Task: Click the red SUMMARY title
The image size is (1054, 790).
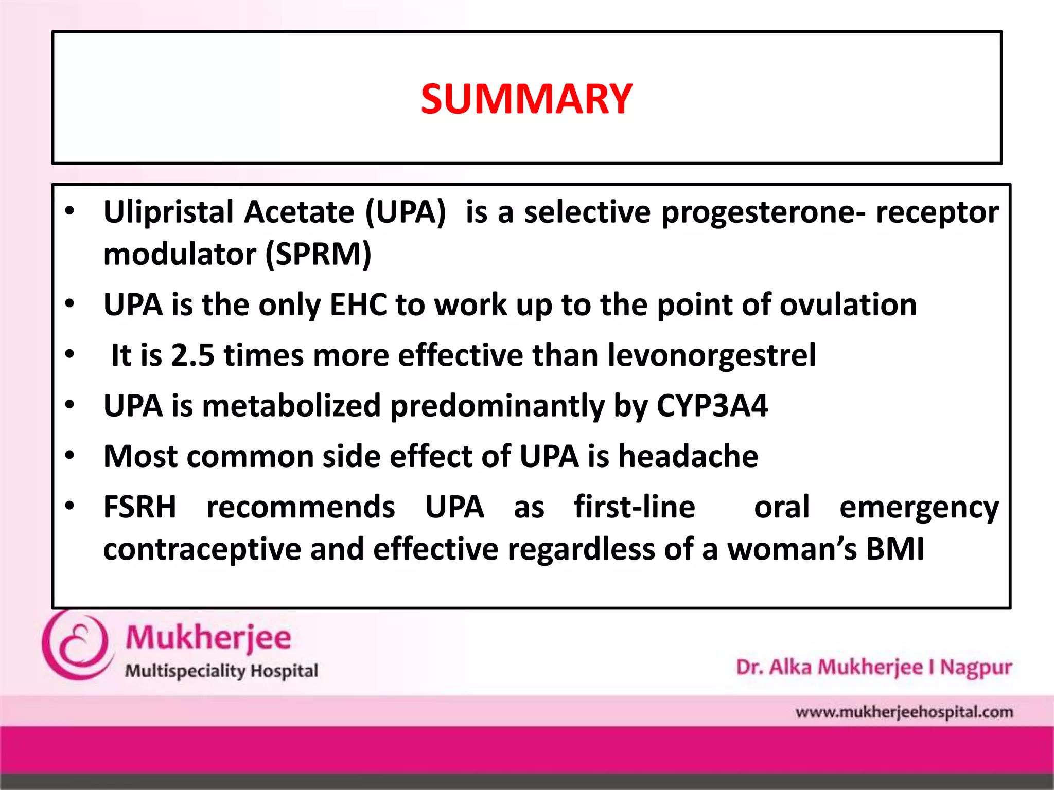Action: [x=526, y=99]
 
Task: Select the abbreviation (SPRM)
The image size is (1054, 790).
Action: [x=318, y=254]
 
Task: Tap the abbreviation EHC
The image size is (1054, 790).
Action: [x=358, y=304]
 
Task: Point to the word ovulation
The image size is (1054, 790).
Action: [x=848, y=304]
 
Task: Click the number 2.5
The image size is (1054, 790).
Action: [x=192, y=355]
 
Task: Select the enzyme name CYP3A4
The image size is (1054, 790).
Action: [x=712, y=405]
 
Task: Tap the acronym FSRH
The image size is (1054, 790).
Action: [x=139, y=507]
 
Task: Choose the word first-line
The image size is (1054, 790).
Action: [x=635, y=507]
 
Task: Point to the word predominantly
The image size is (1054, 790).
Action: [x=497, y=406]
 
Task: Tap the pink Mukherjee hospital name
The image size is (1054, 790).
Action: [x=208, y=638]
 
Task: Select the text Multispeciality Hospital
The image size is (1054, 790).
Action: [x=221, y=671]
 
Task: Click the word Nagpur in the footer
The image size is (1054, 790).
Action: [x=976, y=668]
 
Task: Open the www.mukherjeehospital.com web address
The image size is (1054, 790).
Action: [x=904, y=712]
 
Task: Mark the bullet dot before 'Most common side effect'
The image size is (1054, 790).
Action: [x=70, y=455]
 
